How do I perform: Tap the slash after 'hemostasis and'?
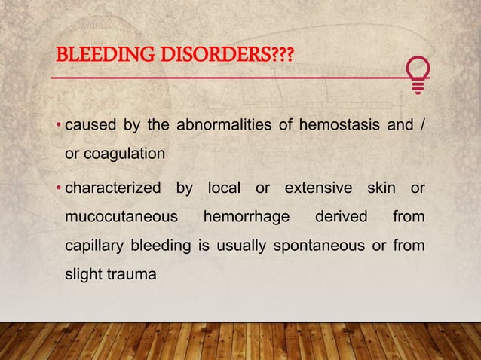(x=421, y=125)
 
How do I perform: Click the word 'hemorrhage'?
(x=246, y=217)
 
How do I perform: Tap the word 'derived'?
(x=341, y=217)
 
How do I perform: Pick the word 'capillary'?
(x=94, y=246)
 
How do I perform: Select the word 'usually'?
(x=244, y=246)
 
